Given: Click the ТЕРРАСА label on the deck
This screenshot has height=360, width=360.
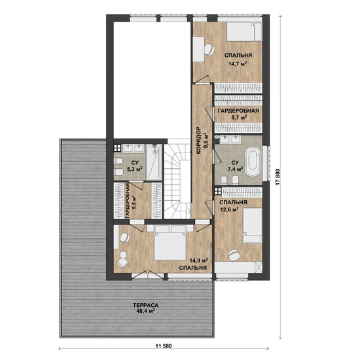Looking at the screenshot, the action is (145, 306).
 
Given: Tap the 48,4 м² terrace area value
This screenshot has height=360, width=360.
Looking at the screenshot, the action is (145, 311).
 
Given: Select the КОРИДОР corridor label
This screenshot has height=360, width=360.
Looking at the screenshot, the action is (198, 140).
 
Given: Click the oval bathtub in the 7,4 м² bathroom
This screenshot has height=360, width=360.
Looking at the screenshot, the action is (253, 162).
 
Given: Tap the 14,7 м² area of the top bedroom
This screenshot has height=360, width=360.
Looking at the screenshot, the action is (238, 63).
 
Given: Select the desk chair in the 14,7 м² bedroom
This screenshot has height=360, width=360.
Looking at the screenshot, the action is (209, 49).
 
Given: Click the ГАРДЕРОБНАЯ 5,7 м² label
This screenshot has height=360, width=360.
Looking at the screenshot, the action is (238, 114).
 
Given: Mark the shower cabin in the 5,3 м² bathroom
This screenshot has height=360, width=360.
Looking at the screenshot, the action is (154, 162).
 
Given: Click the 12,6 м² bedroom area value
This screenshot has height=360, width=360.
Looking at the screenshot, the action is (229, 209).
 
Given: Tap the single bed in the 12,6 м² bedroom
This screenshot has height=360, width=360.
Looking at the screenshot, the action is (253, 225).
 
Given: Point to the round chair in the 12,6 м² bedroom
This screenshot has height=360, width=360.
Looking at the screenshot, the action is (234, 255).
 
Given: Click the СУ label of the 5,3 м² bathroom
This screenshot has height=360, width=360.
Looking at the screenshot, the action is (135, 163).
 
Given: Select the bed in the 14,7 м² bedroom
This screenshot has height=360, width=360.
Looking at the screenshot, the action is (245, 31).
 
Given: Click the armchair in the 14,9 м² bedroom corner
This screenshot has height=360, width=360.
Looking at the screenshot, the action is (122, 262).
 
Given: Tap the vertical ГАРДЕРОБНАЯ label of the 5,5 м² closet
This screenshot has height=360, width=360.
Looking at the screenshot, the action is (128, 200).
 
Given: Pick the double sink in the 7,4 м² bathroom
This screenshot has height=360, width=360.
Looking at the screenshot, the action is (230, 139).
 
